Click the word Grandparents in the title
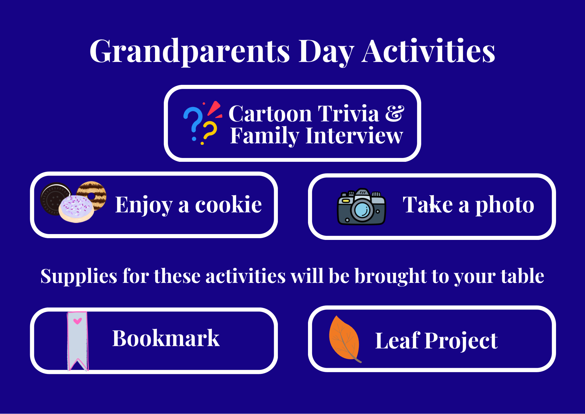[x=190, y=51]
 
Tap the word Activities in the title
[x=429, y=51]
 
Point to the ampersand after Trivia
[x=395, y=114]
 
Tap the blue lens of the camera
[x=362, y=209]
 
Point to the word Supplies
[x=79, y=277]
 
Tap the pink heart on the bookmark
[x=78, y=321]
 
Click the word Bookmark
[x=166, y=338]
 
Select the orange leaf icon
[x=344, y=339]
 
